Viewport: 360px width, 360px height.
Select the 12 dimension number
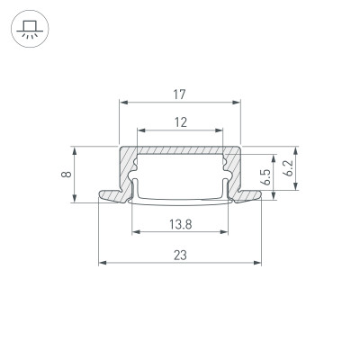point(181,122)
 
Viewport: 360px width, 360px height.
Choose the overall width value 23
point(181,256)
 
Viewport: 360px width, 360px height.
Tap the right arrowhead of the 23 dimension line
point(258,264)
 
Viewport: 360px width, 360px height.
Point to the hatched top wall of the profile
point(180,153)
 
